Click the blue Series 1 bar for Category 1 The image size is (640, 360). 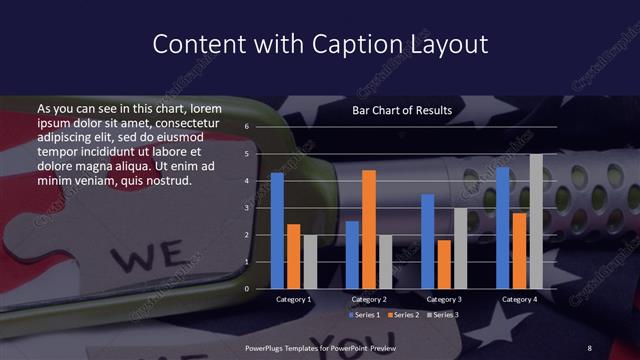tap(277, 230)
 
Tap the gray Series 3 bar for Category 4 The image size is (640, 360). tap(536, 221)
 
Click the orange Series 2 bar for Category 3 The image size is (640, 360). tap(443, 264)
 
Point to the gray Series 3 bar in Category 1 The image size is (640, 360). tap(310, 262)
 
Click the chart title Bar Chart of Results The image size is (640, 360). tap(402, 110)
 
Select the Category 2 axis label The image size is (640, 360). tap(369, 299)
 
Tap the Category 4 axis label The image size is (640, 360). tap(519, 299)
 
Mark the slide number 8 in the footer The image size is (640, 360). tap(590, 346)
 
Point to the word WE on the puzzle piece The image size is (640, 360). tap(134, 258)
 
